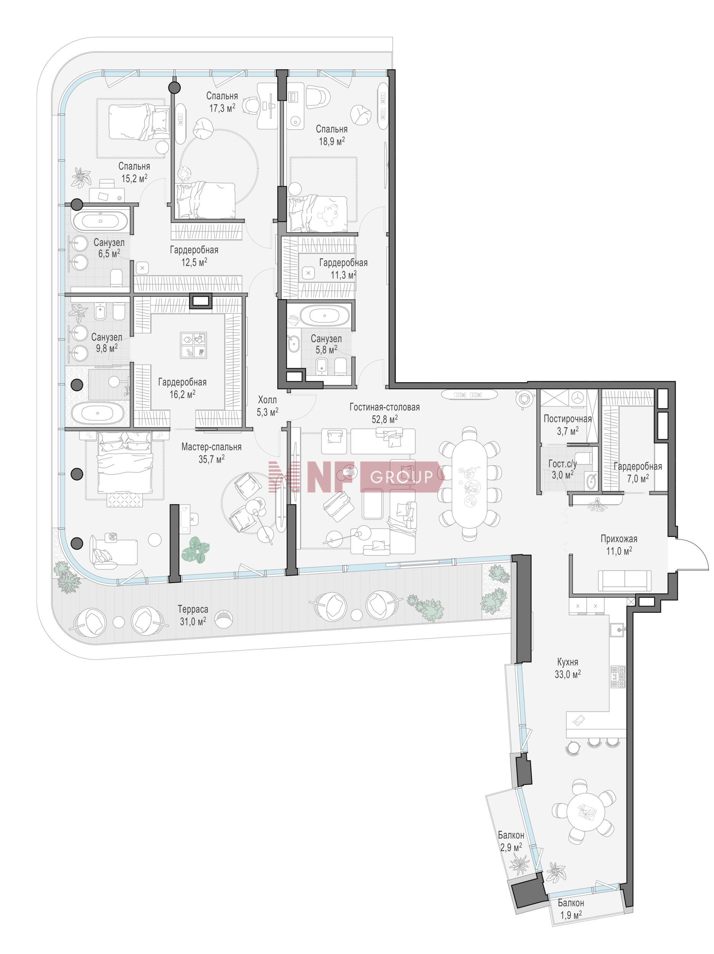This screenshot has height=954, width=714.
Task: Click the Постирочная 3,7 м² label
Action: pos(567,424)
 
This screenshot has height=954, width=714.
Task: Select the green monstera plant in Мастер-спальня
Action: pos(196,550)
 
